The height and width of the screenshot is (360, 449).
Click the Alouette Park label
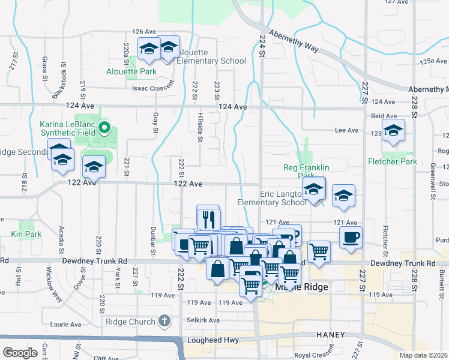point(131,71)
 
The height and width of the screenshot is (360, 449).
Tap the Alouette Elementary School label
point(212,56)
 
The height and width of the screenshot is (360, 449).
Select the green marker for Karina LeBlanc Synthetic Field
point(104,127)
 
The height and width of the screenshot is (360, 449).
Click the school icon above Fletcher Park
point(393,131)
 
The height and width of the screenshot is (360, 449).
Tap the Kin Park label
point(25,233)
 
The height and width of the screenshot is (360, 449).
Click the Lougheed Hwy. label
point(212,340)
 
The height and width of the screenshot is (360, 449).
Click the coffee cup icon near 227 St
point(351,236)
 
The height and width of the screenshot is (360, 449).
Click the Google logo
point(20,353)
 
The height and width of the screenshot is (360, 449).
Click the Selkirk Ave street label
point(200,320)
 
